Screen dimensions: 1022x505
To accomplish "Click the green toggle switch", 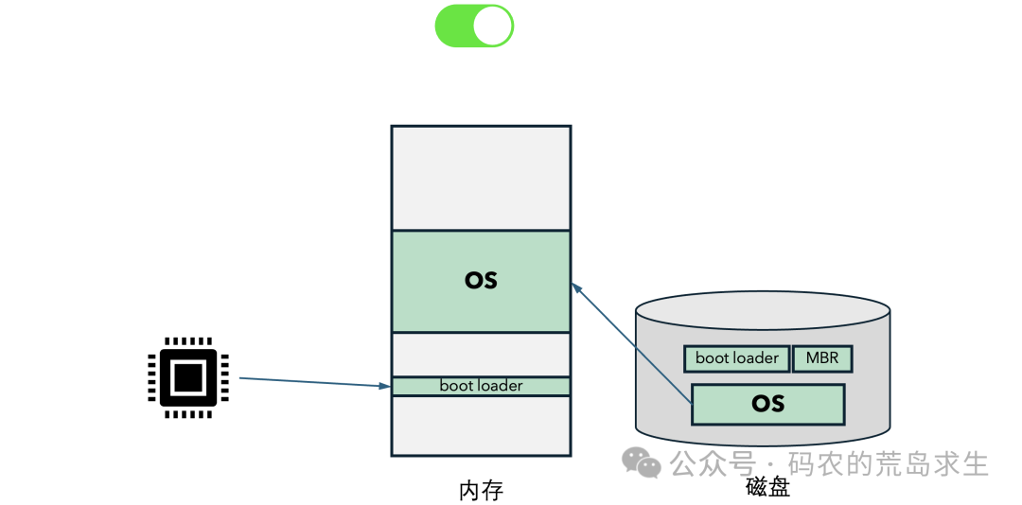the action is pyautogui.click(x=474, y=26).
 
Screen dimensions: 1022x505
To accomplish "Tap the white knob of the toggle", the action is pyautogui.click(x=492, y=26).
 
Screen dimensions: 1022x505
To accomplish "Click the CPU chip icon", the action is pyautogui.click(x=187, y=377).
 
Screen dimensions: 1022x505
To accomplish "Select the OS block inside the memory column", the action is pyautogui.click(x=481, y=281).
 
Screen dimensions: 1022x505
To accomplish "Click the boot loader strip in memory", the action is pyautogui.click(x=481, y=386).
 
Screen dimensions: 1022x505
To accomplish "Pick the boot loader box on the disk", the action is pyautogui.click(x=736, y=358).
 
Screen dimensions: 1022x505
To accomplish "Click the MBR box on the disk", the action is pyautogui.click(x=822, y=358).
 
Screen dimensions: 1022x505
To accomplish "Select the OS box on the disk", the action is pyautogui.click(x=767, y=404).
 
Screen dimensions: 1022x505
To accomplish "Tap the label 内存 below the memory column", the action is pyautogui.click(x=482, y=491).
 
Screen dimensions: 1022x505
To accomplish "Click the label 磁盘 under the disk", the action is pyautogui.click(x=767, y=487).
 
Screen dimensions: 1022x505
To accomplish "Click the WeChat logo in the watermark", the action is pyautogui.click(x=641, y=461).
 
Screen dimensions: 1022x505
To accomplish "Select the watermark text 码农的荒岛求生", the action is pyautogui.click(x=889, y=464).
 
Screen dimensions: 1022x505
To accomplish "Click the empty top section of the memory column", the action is pyautogui.click(x=481, y=178).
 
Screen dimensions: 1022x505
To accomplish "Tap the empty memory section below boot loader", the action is pyautogui.click(x=481, y=426).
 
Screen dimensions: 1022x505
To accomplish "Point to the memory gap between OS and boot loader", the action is pyautogui.click(x=481, y=355).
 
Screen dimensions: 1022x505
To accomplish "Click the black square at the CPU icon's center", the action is pyautogui.click(x=187, y=377).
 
